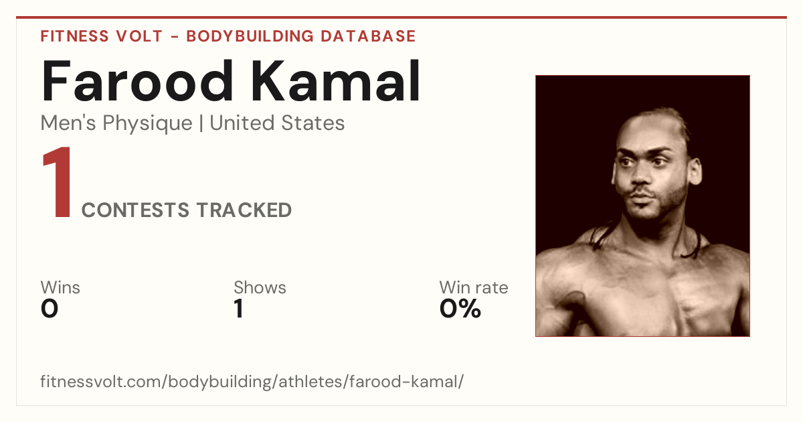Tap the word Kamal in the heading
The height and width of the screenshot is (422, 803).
point(335,80)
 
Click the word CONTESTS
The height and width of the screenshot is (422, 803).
point(135,210)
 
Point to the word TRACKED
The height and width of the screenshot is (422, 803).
point(244,210)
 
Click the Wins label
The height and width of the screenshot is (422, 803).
point(60,287)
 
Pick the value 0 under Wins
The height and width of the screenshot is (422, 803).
point(50,309)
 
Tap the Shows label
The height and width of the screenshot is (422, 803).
point(260,287)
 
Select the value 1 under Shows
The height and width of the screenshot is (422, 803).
point(239,309)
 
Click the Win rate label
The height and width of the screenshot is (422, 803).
point(474,287)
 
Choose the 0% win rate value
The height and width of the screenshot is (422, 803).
point(460,309)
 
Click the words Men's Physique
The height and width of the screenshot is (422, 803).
point(116,123)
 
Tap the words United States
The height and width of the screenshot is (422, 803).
point(277,123)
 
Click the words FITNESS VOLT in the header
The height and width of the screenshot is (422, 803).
point(102,37)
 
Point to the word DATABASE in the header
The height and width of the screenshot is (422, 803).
point(368,37)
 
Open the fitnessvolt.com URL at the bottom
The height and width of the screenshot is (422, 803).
point(252,382)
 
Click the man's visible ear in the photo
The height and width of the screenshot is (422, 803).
point(695,171)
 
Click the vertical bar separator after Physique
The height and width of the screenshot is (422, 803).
point(201,123)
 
